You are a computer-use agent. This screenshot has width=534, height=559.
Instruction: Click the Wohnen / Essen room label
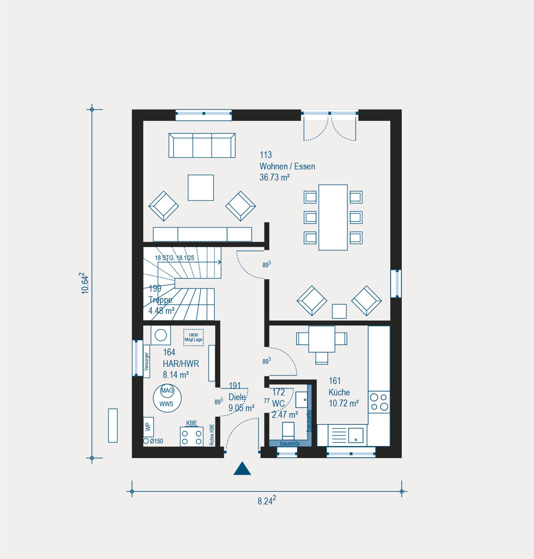click(x=287, y=166)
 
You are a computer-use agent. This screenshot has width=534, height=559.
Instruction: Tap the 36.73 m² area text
click(x=275, y=177)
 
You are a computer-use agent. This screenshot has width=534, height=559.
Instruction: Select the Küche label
click(x=339, y=392)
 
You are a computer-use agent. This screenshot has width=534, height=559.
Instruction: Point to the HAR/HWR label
click(x=181, y=364)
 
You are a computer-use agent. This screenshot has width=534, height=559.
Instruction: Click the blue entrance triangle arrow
click(x=242, y=468)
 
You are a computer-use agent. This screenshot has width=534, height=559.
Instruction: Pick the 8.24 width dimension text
click(x=267, y=501)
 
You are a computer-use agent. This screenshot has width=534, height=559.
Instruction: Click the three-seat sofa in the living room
click(x=202, y=145)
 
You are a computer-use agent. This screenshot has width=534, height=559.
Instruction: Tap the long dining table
click(x=333, y=217)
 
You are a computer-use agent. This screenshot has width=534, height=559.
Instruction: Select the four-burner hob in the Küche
click(x=379, y=402)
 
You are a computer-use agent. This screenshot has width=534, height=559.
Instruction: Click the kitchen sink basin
click(x=356, y=435)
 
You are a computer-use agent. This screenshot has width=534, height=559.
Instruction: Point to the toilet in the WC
click(x=288, y=431)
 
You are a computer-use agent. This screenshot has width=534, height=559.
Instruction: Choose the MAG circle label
click(x=167, y=390)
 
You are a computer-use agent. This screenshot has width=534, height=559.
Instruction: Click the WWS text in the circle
click(x=166, y=404)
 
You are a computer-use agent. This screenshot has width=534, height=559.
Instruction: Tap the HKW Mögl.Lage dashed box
click(x=193, y=337)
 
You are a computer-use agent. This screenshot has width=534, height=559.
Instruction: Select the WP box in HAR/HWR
click(x=149, y=427)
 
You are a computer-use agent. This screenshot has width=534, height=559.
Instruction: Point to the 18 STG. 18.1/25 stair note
click(x=175, y=258)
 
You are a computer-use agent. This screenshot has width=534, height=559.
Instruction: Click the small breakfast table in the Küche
click(x=322, y=339)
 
